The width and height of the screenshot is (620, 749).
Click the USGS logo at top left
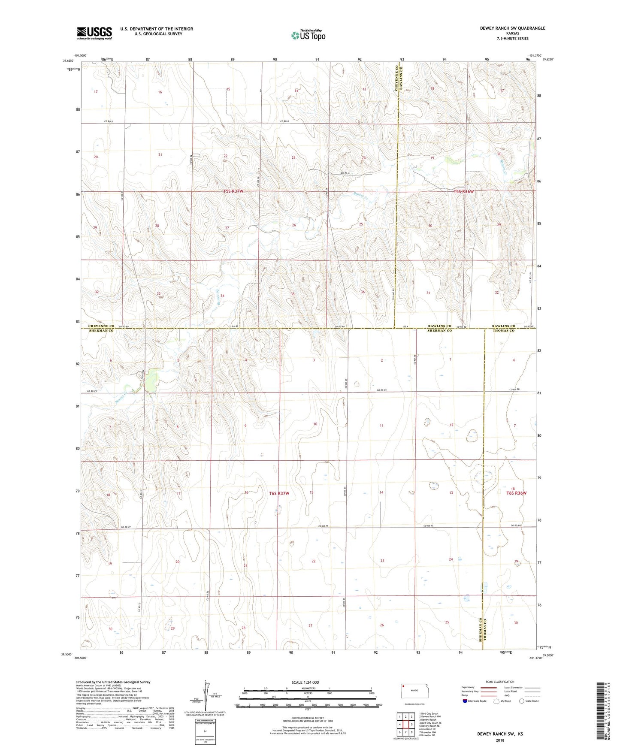coord(94,33)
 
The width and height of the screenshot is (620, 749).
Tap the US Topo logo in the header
coord(308,35)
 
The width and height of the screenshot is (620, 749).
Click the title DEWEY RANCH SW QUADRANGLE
coord(512,28)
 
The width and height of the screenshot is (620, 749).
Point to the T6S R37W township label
coord(279,493)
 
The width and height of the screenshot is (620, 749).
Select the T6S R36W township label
coord(516,493)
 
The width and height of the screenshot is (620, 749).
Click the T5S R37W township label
coord(233,191)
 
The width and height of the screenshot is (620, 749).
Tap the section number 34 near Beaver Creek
coord(222,296)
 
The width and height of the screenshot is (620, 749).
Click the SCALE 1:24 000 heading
coord(305,682)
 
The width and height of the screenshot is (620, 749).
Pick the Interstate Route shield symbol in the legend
coord(465,701)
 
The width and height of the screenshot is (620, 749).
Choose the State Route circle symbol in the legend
coord(522,701)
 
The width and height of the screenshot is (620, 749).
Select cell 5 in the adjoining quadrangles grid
coord(411,725)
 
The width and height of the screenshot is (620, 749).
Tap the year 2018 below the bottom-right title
coord(500,740)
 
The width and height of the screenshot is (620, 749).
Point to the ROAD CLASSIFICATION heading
coord(500,682)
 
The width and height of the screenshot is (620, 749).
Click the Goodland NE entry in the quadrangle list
coord(429,729)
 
